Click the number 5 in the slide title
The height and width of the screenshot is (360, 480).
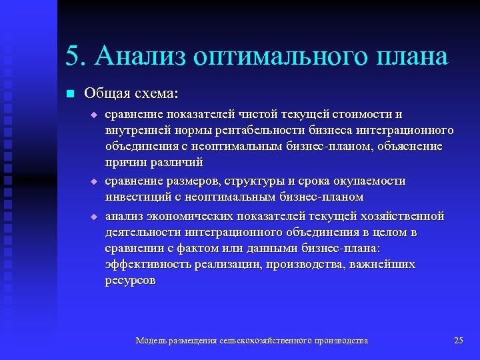(73, 57)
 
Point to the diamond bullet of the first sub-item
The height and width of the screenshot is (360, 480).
(94, 115)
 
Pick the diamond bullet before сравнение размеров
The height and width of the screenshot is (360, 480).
(94, 181)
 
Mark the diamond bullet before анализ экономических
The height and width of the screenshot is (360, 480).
(94, 217)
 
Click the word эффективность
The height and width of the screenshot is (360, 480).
(148, 264)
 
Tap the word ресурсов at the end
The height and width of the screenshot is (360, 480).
(131, 280)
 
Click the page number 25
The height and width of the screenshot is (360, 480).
(458, 341)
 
